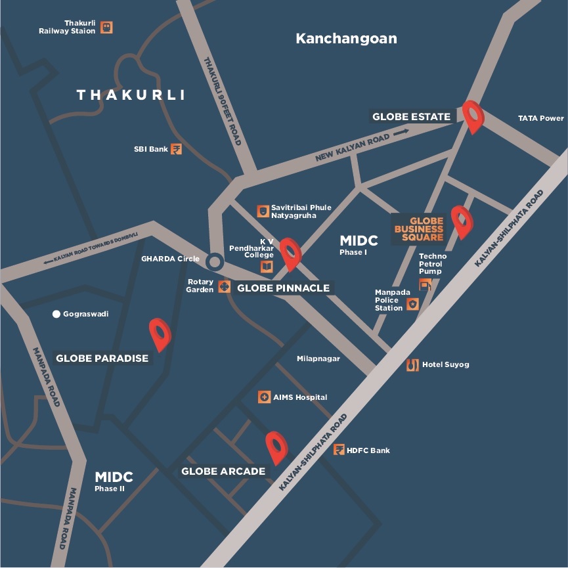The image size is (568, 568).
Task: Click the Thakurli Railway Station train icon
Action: click(x=106, y=28)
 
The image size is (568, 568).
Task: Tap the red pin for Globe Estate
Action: click(x=472, y=116)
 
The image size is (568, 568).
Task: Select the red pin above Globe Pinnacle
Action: click(x=290, y=253)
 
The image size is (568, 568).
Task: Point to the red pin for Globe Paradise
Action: click(x=160, y=333)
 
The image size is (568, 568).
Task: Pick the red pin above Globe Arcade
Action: click(x=276, y=447)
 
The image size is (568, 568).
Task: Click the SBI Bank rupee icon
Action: click(x=176, y=149)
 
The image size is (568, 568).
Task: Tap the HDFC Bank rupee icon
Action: click(x=339, y=450)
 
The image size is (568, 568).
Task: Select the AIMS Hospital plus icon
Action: click(x=264, y=397)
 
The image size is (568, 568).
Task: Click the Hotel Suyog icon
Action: click(x=412, y=365)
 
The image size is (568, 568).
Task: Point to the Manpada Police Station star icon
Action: click(x=412, y=304)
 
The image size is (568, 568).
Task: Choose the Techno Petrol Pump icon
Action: click(x=425, y=285)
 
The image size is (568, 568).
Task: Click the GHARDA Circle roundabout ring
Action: click(x=213, y=261)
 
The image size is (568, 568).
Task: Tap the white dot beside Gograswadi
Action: click(x=56, y=314)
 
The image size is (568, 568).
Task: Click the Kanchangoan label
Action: click(x=346, y=38)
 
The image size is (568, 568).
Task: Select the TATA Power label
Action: click(x=540, y=118)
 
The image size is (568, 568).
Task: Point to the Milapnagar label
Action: click(x=318, y=359)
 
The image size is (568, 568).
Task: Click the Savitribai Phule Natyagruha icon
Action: click(x=262, y=211)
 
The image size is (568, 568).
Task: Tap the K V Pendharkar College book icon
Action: click(x=267, y=267)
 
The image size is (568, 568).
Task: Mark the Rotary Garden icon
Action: click(x=224, y=286)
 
